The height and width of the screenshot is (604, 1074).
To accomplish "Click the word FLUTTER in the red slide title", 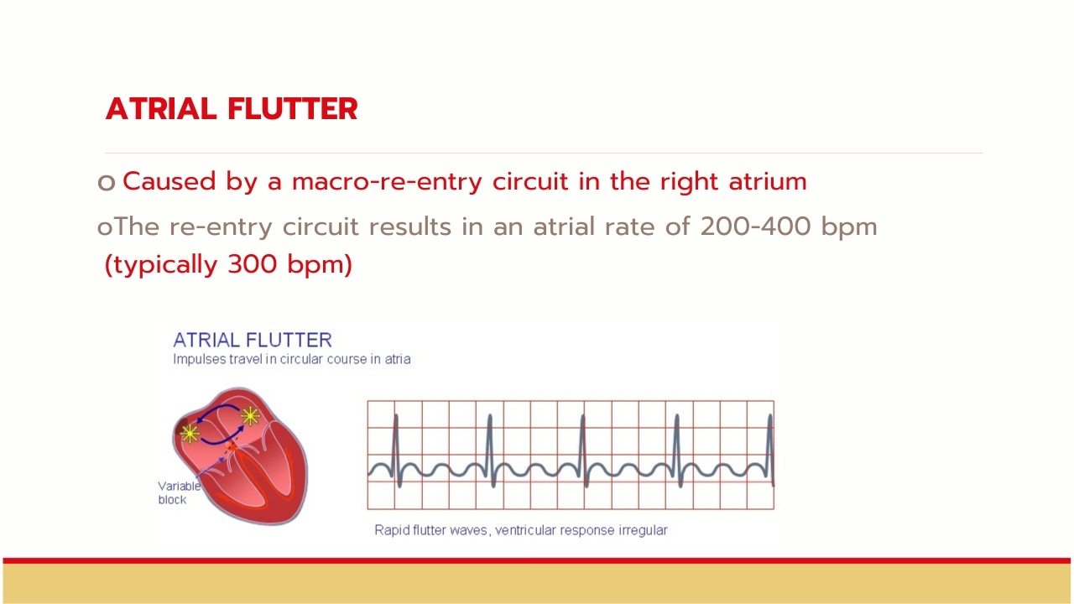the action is (293, 109).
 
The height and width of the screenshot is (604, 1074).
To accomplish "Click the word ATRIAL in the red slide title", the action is (161, 109).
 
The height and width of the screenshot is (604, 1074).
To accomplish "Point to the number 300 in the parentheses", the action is (253, 264).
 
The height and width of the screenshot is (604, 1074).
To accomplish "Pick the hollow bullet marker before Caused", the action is (107, 183).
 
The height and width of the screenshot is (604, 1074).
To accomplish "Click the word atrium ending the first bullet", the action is (768, 182).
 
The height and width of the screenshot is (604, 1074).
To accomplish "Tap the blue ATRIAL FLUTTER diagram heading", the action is (253, 340).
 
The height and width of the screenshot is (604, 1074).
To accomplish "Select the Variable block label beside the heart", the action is (180, 492).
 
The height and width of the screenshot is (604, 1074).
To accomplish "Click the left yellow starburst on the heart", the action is (190, 434).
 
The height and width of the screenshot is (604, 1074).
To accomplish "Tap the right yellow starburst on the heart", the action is (250, 416).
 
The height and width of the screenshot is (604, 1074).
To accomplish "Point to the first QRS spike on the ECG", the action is (397, 450).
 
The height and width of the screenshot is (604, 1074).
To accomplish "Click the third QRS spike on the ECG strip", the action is (583, 450).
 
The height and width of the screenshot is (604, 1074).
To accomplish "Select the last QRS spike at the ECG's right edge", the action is (769, 450).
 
